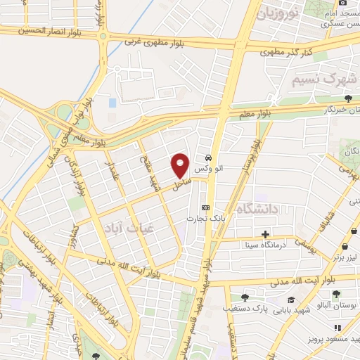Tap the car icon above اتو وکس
coord(209,157)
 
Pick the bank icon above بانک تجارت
coord(205,207)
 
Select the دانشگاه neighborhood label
coord(259,208)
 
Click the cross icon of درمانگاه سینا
coord(265,234)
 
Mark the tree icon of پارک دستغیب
coord(244,298)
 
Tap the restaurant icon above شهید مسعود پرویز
coord(337,328)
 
